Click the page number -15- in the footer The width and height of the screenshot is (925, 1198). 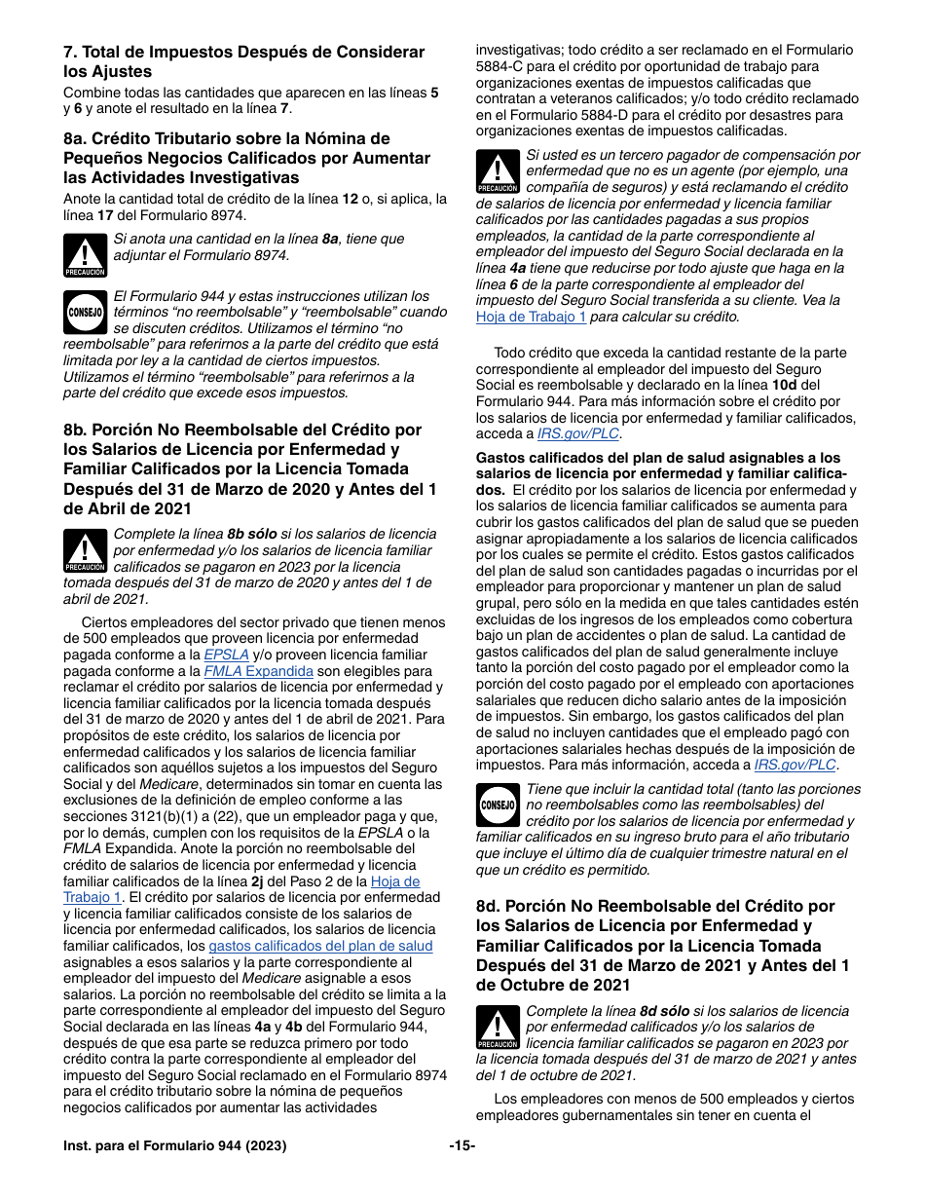462,1146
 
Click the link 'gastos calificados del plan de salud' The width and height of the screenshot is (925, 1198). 320,946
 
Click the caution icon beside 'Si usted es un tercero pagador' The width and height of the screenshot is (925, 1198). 498,172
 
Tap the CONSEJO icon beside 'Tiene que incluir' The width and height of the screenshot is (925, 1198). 498,805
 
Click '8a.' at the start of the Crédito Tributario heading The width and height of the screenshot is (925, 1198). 76,138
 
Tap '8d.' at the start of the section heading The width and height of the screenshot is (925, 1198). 489,906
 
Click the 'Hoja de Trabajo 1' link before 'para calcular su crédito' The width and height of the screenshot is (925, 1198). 531,317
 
